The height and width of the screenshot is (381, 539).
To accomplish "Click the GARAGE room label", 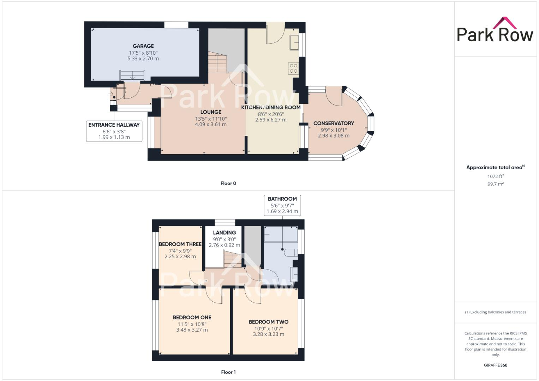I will coord(143,46).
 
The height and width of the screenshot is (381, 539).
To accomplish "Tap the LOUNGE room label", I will coord(211,112).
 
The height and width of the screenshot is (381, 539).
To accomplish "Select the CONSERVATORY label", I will coord(334,123).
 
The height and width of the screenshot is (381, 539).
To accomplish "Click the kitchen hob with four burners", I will coord(293,68).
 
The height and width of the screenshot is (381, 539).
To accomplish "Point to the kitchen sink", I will coord(294,42).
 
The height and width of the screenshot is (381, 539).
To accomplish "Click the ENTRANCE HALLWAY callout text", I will coord(114,125).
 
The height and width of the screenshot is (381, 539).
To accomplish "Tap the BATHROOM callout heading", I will coord(282,199).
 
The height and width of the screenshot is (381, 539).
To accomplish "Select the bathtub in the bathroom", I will coord(281,234).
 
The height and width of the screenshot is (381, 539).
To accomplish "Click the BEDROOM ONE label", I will coord(192,317).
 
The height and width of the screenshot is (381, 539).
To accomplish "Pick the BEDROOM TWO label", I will coord(268,322).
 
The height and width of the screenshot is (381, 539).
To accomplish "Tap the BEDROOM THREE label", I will coord(180,244).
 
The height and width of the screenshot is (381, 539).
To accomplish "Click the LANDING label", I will coord(224,232).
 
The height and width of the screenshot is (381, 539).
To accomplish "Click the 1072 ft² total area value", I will coord(496,176).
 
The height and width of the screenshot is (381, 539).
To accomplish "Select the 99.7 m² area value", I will coord(496,184).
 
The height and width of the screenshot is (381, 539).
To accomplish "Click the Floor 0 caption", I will coord(228,183).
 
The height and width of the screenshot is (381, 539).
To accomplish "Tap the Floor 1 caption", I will coord(228,372).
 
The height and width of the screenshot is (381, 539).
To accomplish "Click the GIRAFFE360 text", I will coord(495,365).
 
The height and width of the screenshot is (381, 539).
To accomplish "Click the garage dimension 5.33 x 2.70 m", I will coord(143,59).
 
